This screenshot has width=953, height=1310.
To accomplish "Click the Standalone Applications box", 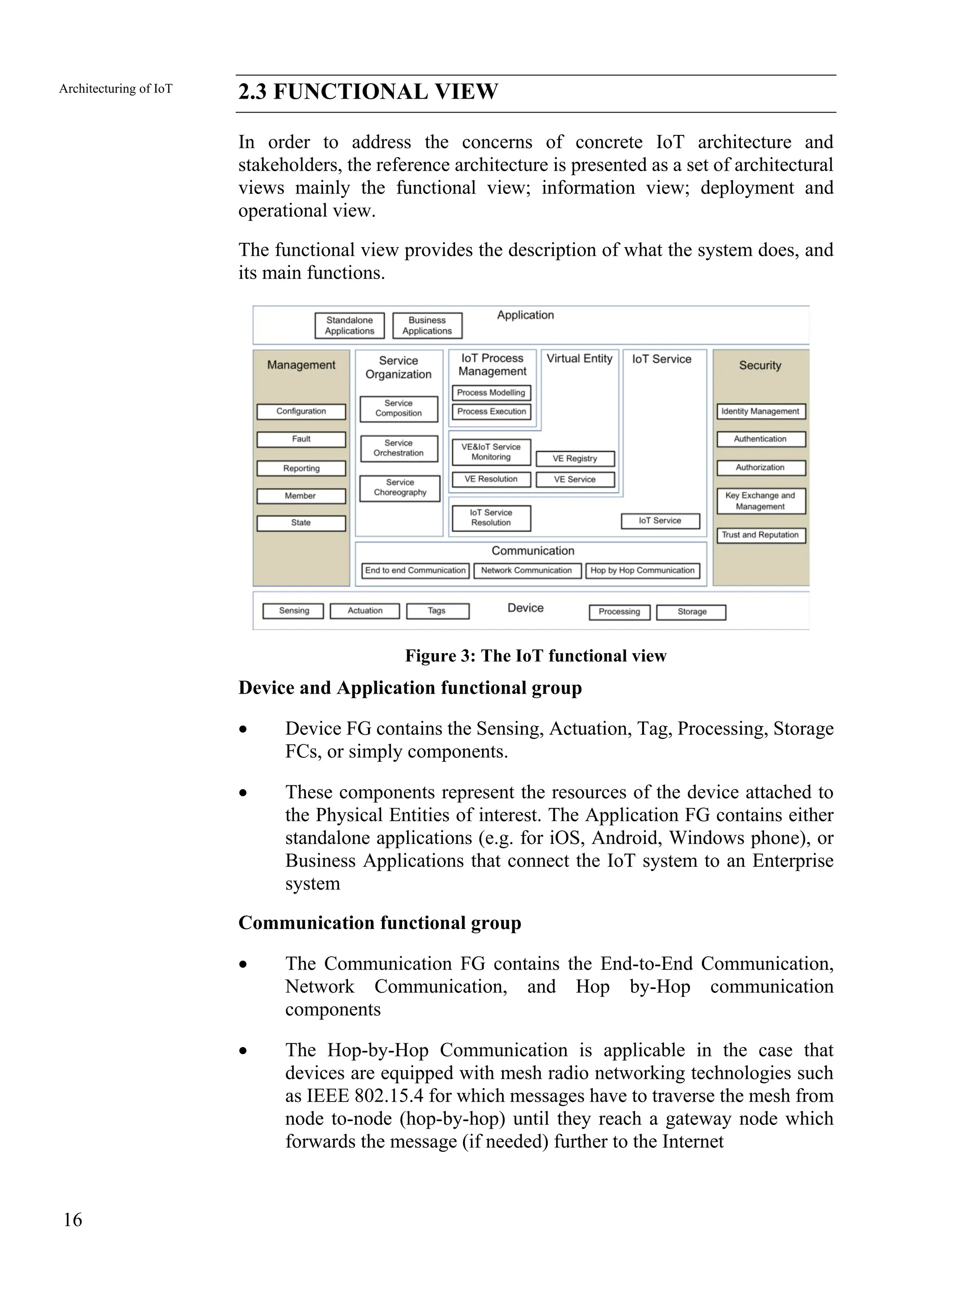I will coord(349,325).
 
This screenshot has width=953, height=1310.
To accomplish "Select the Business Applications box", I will coord(427,325).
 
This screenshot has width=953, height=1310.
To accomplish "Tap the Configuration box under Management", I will coord(301,411).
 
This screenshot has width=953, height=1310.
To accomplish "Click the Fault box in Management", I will coord(301,439).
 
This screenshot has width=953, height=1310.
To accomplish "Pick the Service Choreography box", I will coord(399,488).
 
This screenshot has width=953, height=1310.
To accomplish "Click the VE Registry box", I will coord(575,459).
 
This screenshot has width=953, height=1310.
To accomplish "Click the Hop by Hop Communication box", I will coord(642,571).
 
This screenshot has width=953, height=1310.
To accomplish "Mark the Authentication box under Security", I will coord(760,439).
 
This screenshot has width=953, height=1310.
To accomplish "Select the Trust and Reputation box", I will coord(760,535).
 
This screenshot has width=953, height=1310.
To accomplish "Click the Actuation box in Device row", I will coord(365,611).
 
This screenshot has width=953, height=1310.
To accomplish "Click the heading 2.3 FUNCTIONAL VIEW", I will coord(368,92).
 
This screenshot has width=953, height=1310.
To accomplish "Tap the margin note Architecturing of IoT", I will coord(115,89).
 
